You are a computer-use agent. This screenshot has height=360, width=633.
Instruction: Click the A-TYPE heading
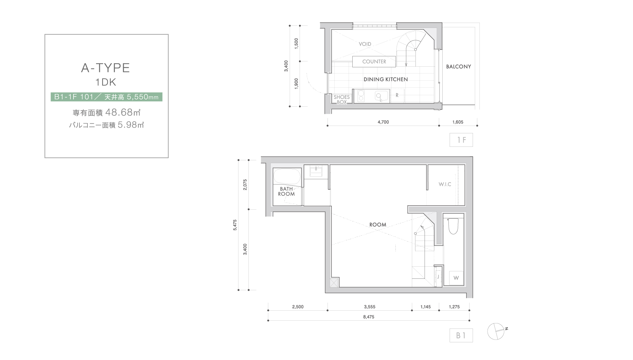105,68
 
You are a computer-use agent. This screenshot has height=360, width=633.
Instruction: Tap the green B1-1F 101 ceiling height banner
106,97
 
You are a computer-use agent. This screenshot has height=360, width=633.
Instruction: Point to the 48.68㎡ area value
123,112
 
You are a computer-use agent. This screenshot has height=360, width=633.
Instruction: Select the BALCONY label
458,66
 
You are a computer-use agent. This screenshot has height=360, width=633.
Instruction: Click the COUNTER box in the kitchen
374,61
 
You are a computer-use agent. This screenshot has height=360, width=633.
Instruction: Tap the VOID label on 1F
365,44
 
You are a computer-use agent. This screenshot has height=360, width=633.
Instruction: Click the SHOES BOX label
341,100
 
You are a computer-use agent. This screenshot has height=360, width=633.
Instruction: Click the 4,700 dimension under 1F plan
383,122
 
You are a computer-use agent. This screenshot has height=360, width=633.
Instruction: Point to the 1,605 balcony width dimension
458,122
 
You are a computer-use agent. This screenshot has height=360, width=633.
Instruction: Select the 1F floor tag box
461,140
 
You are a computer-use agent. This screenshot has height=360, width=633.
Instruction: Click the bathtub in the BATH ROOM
287,176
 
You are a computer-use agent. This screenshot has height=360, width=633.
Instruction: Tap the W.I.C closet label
445,184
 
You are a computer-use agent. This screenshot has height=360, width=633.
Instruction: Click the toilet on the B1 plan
453,226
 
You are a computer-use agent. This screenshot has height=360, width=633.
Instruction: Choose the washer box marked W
456,278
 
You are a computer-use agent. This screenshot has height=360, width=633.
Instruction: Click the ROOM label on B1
378,224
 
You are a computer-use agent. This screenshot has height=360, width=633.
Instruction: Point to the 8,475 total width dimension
369,317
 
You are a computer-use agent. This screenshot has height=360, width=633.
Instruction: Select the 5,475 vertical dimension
235,225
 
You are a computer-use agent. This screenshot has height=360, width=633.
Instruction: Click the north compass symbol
496,331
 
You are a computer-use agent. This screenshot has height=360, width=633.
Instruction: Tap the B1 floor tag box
461,336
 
